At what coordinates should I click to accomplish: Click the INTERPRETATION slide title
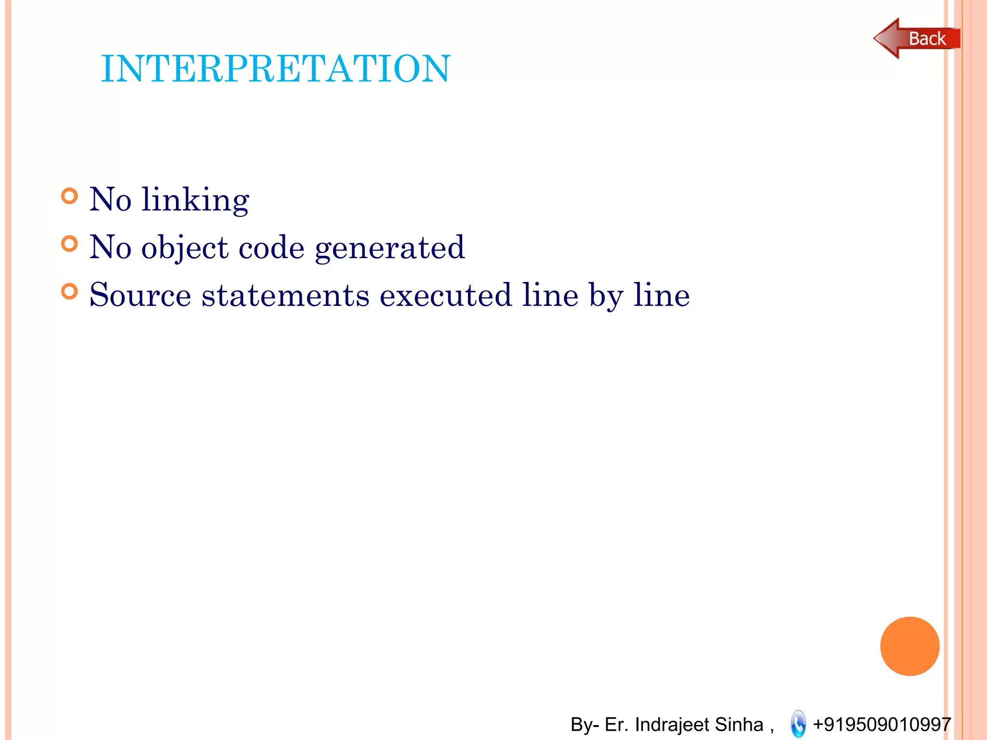[x=275, y=68]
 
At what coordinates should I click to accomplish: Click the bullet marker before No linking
[x=69, y=196]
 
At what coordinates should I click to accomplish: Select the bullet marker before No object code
[x=69, y=244]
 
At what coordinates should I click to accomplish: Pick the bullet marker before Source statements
[x=69, y=291]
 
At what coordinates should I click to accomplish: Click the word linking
[x=195, y=199]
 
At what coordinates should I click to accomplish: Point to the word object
[x=185, y=248]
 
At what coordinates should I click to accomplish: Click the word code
[x=271, y=248]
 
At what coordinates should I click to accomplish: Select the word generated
[x=389, y=248]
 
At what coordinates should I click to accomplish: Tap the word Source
[x=140, y=295]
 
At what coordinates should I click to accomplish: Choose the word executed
[x=445, y=295]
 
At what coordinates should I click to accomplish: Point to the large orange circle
[x=909, y=646]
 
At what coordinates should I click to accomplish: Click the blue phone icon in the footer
[x=798, y=724]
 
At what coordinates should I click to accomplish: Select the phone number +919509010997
[x=881, y=724]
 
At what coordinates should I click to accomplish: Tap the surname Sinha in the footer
[x=739, y=724]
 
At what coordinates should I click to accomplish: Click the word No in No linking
[x=110, y=199]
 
